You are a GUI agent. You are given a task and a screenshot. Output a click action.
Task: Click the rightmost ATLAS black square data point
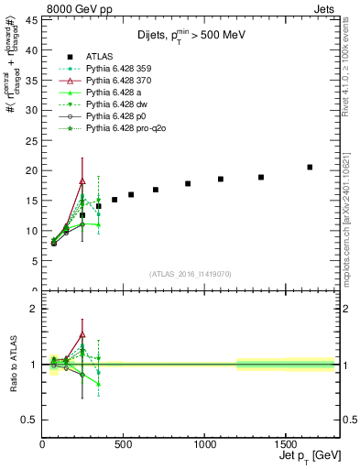pos(310,167)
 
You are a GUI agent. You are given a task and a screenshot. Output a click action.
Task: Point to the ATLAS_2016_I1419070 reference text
pos(190,273)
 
